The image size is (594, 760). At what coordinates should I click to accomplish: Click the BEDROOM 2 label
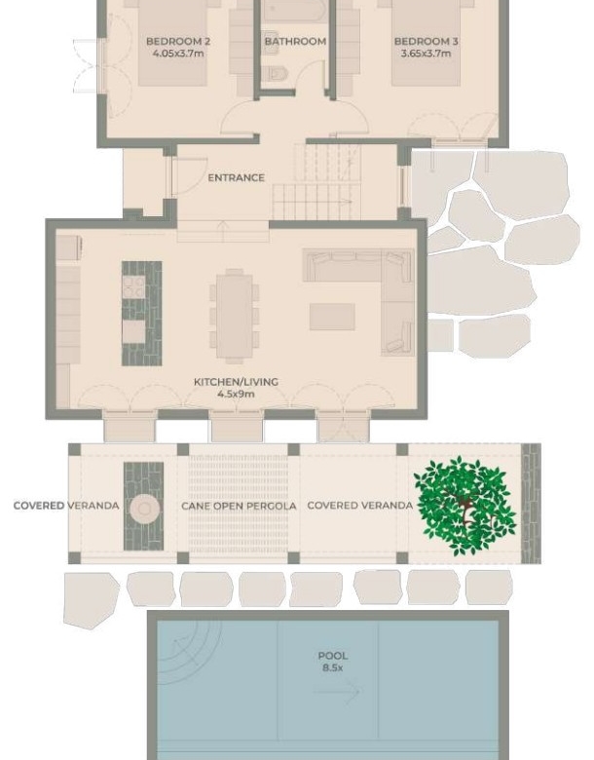178,41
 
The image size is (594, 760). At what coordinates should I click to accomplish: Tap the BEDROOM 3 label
426,41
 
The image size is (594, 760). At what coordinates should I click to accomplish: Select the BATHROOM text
295,41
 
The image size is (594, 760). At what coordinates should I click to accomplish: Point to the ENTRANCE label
237,178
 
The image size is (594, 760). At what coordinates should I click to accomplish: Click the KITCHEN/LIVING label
236,382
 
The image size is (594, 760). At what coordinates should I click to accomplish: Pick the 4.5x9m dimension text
236,394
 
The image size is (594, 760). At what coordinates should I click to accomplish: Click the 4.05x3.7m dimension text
178,54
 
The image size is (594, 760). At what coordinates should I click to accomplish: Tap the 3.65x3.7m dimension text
426,54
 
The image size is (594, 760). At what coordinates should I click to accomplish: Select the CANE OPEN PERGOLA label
239,506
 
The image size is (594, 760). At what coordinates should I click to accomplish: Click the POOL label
333,656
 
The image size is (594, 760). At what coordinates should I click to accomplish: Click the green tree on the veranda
464,506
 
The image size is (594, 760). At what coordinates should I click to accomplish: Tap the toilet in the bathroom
276,74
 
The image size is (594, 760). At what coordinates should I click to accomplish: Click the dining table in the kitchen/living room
235,317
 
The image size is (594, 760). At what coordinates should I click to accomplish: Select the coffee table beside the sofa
332,317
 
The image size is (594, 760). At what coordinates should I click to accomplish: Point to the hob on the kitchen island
133,286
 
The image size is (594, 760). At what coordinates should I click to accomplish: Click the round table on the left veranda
144,509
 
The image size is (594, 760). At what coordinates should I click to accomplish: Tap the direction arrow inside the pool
337,691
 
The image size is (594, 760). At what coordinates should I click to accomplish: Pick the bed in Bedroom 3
426,44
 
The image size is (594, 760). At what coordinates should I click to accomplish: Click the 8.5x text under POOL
333,667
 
